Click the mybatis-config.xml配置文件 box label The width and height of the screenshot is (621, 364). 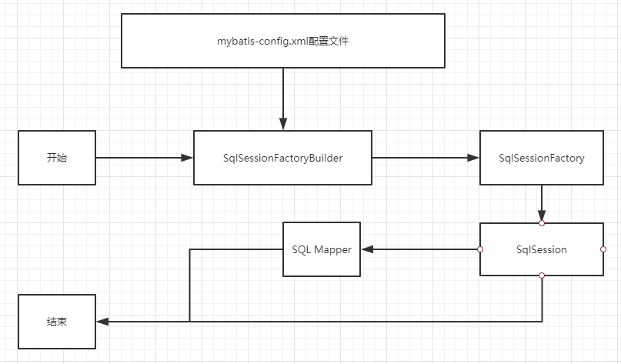(282, 42)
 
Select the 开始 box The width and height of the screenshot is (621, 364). (57, 158)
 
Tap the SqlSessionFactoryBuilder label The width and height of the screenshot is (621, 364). (282, 158)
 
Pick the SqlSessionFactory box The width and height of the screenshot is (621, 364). (542, 158)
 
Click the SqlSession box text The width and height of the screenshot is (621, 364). (542, 249)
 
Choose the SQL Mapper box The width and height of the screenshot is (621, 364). (322, 249)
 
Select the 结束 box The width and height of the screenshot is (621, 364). (57, 322)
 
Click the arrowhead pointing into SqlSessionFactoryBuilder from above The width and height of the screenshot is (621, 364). (283, 124)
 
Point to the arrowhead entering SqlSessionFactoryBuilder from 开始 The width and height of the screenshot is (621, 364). (187, 158)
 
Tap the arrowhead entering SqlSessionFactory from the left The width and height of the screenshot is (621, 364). (473, 158)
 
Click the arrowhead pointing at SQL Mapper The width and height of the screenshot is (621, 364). (368, 249)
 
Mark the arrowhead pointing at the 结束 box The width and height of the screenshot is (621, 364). (103, 322)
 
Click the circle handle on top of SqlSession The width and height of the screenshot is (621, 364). (542, 223)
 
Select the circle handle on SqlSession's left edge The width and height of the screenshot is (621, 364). (480, 249)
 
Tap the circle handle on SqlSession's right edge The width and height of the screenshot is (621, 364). (603, 249)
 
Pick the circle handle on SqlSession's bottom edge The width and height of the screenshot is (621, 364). (542, 276)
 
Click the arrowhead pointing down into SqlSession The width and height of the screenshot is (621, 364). (542, 215)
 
